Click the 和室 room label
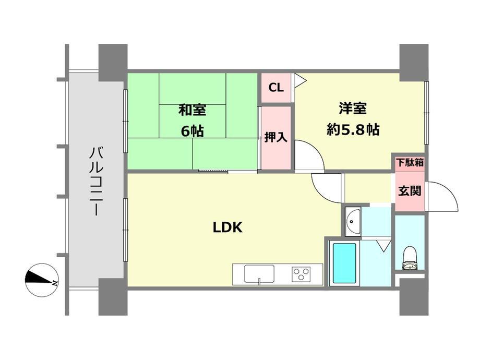(192, 110)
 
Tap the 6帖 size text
(192, 131)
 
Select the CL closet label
(276, 88)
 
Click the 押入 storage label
(276, 137)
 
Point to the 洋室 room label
(353, 109)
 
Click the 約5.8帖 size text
(353, 129)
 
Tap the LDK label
(228, 227)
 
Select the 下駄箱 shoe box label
(410, 163)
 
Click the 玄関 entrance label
(410, 191)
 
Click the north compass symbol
(42, 280)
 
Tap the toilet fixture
(410, 259)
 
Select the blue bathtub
(344, 263)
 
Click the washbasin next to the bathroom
(353, 221)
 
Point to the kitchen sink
(259, 274)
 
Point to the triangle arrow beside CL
(300, 80)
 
